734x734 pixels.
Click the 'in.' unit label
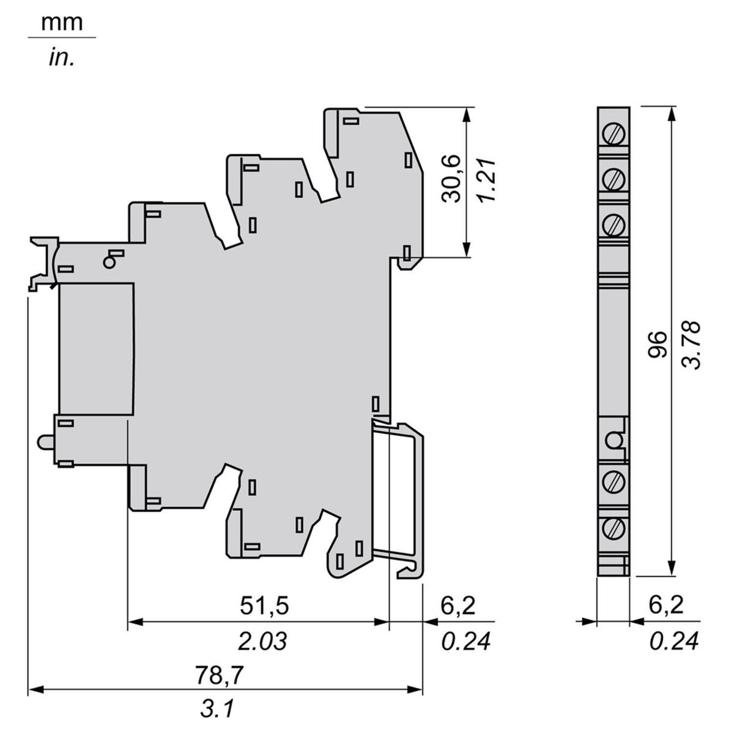[x=61, y=58]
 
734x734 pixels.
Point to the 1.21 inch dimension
[x=487, y=180]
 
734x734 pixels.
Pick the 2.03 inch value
[x=262, y=641]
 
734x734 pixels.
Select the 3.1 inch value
[x=218, y=710]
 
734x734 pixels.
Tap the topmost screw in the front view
[x=614, y=135]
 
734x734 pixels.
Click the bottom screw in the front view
[x=614, y=529]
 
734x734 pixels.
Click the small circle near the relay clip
[x=109, y=262]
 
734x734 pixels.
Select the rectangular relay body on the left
[x=97, y=349]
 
